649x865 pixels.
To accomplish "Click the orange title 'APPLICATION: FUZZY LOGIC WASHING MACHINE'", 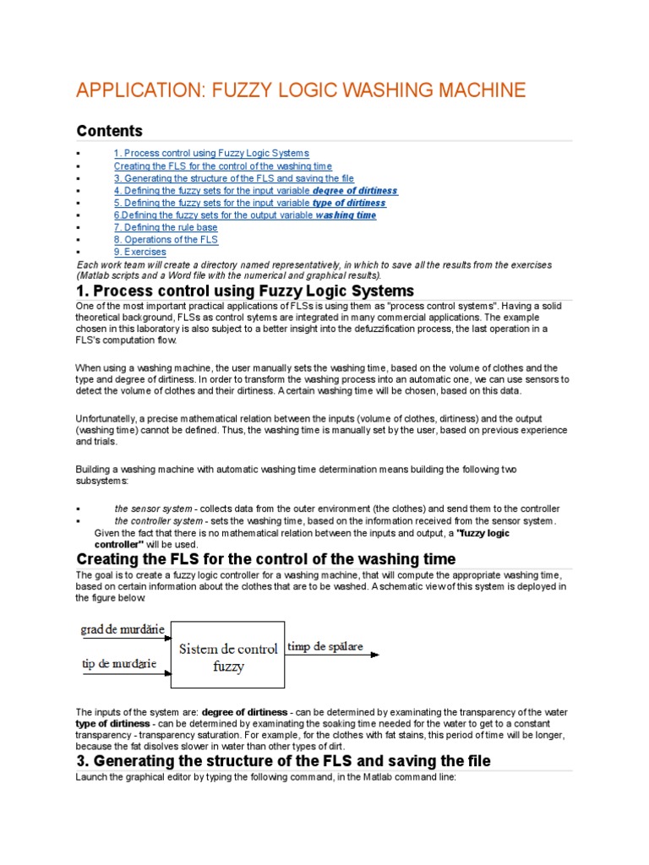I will click(x=301, y=90).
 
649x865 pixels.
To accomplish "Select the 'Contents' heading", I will click(x=110, y=131).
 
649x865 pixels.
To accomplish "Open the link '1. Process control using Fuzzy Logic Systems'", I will click(x=211, y=153).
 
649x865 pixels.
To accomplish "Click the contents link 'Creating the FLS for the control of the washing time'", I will click(x=222, y=166).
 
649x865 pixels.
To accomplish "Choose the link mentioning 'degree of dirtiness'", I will click(x=255, y=191).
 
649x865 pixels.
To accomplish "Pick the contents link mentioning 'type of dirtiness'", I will click(x=249, y=204).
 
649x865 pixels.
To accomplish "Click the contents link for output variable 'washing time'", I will click(x=245, y=215).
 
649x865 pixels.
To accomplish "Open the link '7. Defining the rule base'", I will click(x=165, y=228).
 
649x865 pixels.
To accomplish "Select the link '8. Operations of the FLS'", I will click(x=166, y=240).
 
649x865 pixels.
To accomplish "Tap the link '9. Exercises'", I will click(x=140, y=252).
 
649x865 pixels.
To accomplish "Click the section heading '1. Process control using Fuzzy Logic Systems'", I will click(x=245, y=291).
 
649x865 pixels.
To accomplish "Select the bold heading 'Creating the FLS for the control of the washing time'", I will click(x=266, y=559).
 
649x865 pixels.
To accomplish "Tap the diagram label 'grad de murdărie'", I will click(x=122, y=629).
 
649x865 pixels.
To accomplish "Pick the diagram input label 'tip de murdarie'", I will click(x=118, y=664).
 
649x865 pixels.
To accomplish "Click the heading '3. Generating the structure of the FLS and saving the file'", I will click(x=283, y=761).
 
